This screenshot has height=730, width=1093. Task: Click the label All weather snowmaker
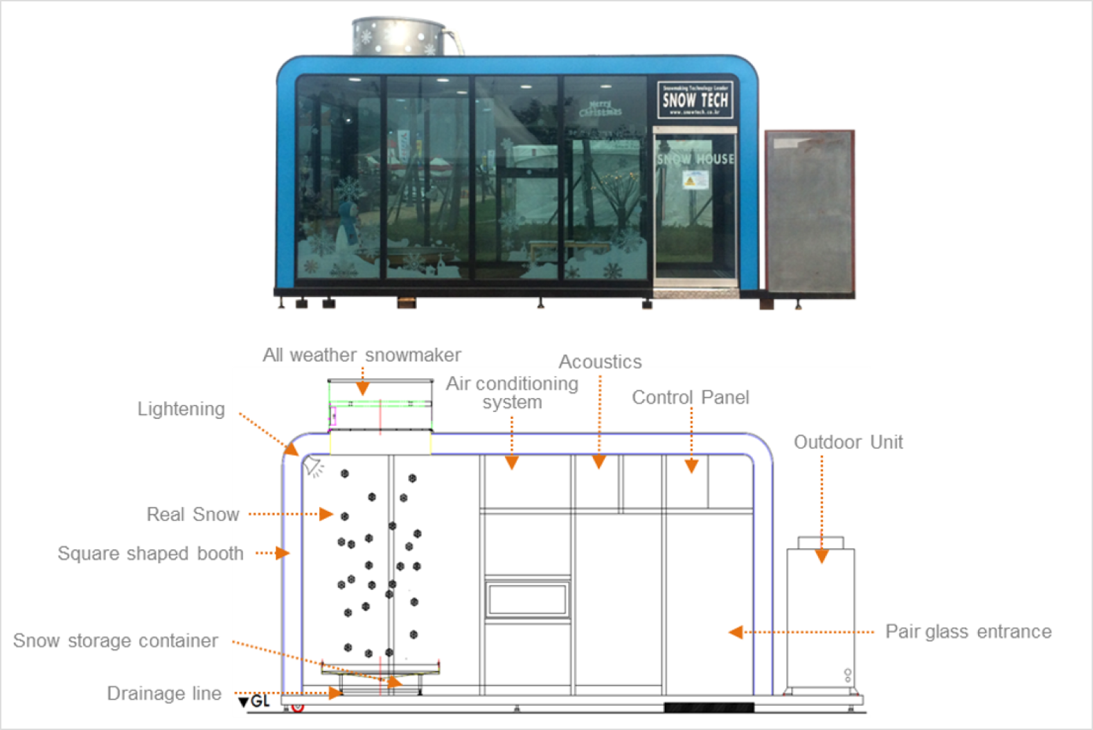coord(362,355)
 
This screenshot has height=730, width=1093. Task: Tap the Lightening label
coord(181,409)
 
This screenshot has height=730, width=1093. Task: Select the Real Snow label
coord(193,515)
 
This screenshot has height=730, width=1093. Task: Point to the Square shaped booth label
coord(150,553)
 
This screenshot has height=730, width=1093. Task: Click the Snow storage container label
coord(116,641)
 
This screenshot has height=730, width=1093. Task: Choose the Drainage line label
coord(164,693)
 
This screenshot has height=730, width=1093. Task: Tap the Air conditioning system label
coord(512,393)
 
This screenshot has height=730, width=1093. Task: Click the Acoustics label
coord(601,362)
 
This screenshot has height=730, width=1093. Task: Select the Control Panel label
coord(691,398)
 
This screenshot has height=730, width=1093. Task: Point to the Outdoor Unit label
coord(848,442)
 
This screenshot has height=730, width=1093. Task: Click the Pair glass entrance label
coord(968,632)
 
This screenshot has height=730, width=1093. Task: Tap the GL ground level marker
coord(254,702)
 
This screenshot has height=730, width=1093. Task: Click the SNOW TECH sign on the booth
coord(695,100)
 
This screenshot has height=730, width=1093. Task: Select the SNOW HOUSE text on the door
coord(695,159)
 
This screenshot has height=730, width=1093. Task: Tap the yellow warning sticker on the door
coord(691,180)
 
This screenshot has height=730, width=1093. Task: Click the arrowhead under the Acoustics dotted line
coord(599,462)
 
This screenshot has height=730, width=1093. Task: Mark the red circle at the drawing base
coord(298,706)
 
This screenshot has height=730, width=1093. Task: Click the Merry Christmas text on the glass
coord(601,109)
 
